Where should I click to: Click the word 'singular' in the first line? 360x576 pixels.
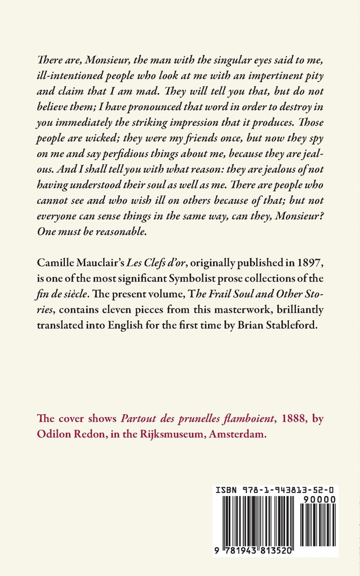pos(220,60)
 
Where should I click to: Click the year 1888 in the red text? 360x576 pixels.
pos(281,419)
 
